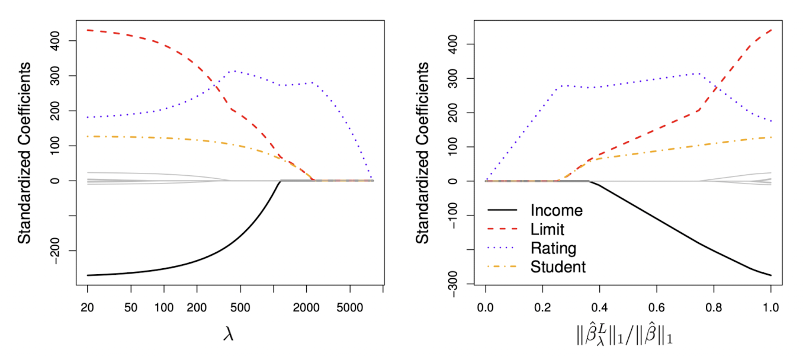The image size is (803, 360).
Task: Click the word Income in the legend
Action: coord(557,210)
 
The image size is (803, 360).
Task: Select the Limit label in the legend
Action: coord(548,229)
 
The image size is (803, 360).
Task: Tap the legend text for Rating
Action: coord(553,247)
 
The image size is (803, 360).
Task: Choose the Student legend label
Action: coord(558,266)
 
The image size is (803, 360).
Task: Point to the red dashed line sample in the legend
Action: coord(502,229)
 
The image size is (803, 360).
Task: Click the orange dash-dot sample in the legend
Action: coord(502,266)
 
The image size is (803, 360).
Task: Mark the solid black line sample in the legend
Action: coord(502,210)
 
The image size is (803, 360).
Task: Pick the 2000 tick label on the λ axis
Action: coord(306,308)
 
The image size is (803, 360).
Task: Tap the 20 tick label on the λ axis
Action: coord(88,308)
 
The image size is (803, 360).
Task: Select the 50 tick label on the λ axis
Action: coord(131,308)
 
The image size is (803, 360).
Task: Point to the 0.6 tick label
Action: coord(656,308)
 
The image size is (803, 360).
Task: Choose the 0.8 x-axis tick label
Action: coord(714,308)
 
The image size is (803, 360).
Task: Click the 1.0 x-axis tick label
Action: coord(770,308)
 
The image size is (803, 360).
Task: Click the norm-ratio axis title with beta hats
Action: coord(627,336)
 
